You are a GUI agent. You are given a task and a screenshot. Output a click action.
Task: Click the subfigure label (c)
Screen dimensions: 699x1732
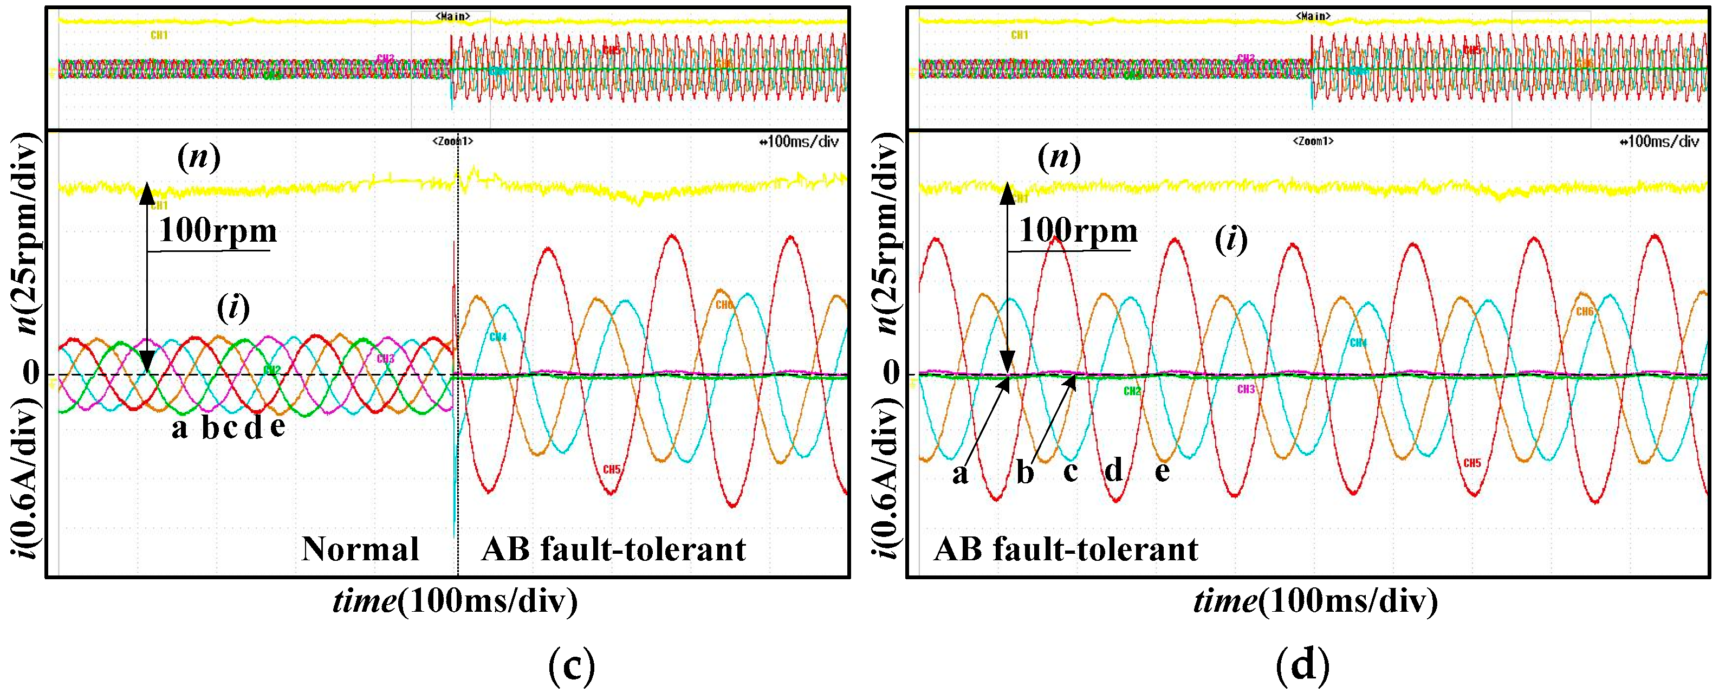[572, 666]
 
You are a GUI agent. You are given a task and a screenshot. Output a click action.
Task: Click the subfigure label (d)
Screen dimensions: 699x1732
[1302, 666]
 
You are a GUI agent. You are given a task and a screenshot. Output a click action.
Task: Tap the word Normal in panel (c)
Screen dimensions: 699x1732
[360, 549]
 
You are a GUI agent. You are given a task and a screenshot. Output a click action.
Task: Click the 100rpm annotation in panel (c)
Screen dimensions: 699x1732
[218, 231]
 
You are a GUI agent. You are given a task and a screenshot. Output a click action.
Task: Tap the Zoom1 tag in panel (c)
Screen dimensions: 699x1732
[452, 141]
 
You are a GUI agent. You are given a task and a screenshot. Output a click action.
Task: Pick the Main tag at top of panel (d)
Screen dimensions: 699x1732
[1313, 16]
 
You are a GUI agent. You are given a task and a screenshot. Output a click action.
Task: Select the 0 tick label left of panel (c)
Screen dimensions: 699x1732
[31, 372]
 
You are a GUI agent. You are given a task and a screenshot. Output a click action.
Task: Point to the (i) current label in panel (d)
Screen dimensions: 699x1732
[1231, 240]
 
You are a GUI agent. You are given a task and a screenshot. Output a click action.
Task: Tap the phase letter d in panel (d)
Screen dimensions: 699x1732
[1114, 470]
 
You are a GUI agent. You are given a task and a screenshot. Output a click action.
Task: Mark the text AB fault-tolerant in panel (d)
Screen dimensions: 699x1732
[1066, 549]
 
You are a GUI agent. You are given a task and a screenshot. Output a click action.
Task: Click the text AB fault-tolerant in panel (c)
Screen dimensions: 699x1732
[614, 549]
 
